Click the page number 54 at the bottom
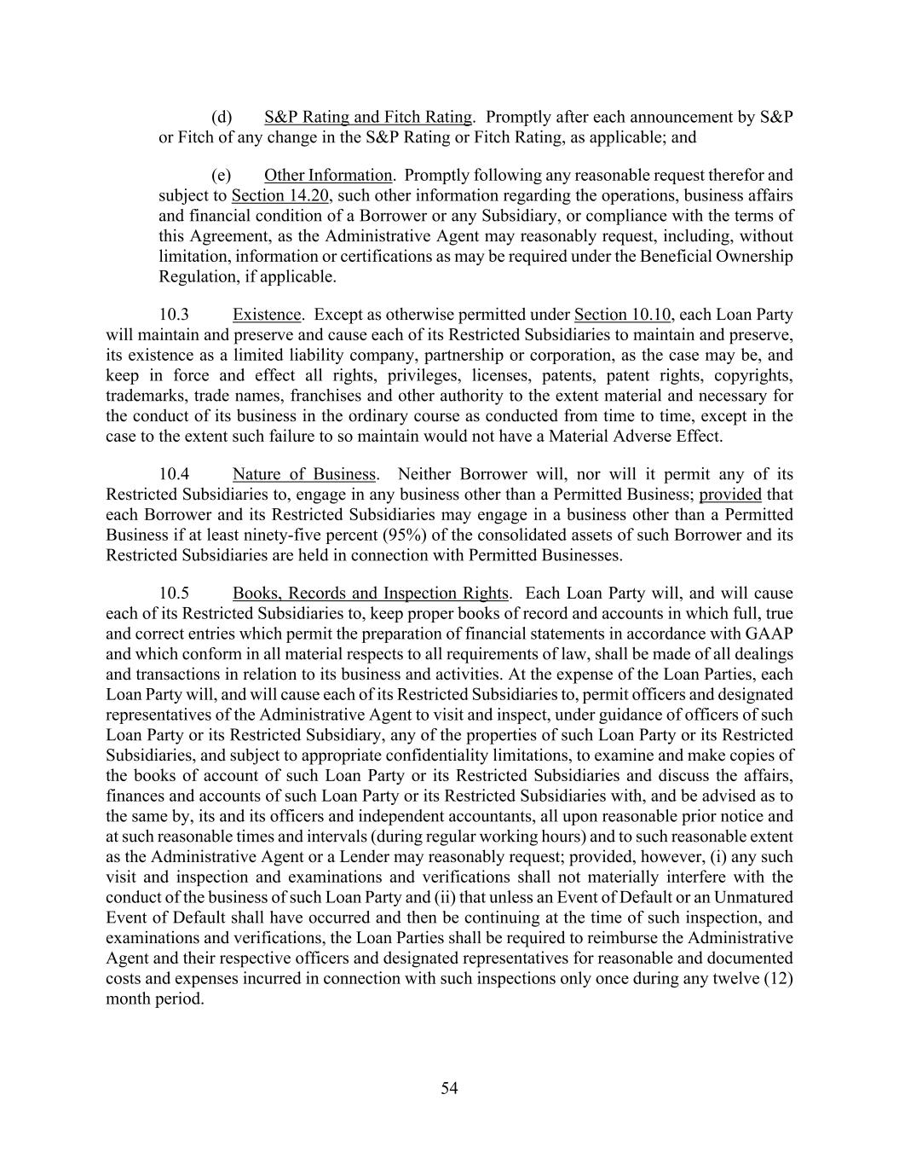click(449, 1088)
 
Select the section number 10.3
click(174, 315)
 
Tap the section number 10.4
click(174, 474)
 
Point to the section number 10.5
click(174, 594)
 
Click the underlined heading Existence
click(267, 315)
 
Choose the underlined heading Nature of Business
click(304, 474)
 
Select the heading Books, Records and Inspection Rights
click(371, 594)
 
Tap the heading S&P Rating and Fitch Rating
click(368, 117)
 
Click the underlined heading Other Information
click(328, 176)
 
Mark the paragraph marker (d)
click(222, 117)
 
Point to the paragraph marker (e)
click(222, 176)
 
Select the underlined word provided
click(730, 495)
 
